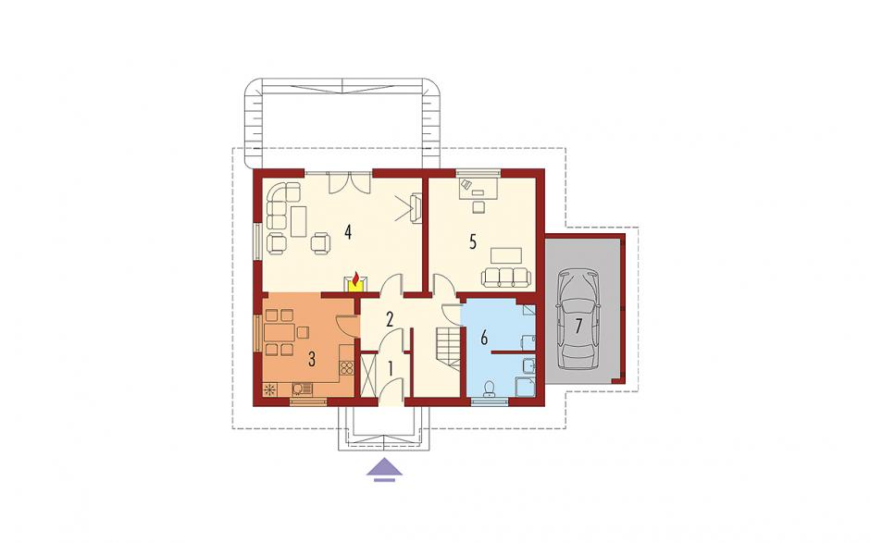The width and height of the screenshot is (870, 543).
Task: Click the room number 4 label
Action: coord(348,231)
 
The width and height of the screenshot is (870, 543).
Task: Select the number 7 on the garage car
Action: coord(578,327)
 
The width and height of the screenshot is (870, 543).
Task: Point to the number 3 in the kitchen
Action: coord(312,360)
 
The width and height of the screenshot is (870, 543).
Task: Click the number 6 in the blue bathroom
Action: coord(484,338)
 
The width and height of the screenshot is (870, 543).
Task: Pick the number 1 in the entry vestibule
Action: coord(391,368)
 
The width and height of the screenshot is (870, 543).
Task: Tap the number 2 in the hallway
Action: coord(390,319)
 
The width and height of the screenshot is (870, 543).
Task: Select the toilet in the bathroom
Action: coord(490,389)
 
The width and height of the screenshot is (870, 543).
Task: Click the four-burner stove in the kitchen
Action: coord(347,369)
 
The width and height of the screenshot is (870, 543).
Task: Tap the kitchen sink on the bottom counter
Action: coord(301,389)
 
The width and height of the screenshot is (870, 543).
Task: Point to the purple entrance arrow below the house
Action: coord(384,469)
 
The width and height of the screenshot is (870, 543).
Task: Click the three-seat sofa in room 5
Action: coord(505,278)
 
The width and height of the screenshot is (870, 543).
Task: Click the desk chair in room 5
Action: coord(478,206)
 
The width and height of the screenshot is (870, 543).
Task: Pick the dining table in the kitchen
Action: coord(280,333)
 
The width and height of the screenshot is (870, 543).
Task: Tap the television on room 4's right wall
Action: coord(416,208)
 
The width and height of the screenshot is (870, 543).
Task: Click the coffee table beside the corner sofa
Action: coord(299,221)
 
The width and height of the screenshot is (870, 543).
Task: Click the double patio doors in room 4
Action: coord(350,183)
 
